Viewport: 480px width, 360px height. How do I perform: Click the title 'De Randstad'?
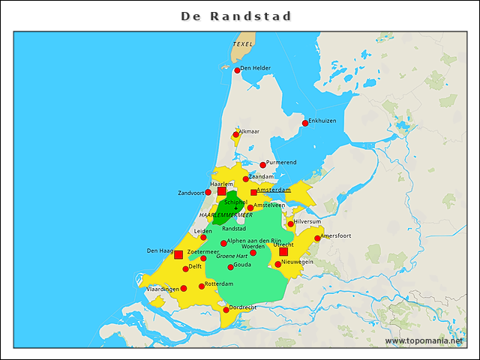[x=236, y=16]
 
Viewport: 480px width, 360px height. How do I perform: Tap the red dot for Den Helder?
[x=238, y=70]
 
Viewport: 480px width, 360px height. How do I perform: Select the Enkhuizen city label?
[x=322, y=121]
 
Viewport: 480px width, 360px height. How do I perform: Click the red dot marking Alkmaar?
[x=235, y=135]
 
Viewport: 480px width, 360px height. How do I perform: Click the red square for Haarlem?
[x=221, y=192]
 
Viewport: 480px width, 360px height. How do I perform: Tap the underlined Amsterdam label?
[x=273, y=190]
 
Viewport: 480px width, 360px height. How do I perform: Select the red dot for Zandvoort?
[x=208, y=193]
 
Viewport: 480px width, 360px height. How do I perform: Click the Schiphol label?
[x=235, y=202]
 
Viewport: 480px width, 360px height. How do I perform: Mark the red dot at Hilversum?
[x=291, y=224]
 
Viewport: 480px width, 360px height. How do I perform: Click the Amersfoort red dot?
[x=317, y=238]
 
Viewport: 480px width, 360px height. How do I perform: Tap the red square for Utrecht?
[x=283, y=252]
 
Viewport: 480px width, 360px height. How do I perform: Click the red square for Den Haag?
[x=178, y=255]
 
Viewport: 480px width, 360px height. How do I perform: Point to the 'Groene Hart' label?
[x=232, y=256]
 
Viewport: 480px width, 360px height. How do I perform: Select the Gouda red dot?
[x=230, y=267]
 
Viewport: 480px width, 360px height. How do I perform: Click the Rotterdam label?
[x=219, y=283]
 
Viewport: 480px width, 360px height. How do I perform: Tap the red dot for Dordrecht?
[x=226, y=310]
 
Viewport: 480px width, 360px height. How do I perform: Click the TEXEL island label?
[x=242, y=44]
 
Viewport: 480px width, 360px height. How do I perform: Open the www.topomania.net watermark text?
[x=424, y=340]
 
